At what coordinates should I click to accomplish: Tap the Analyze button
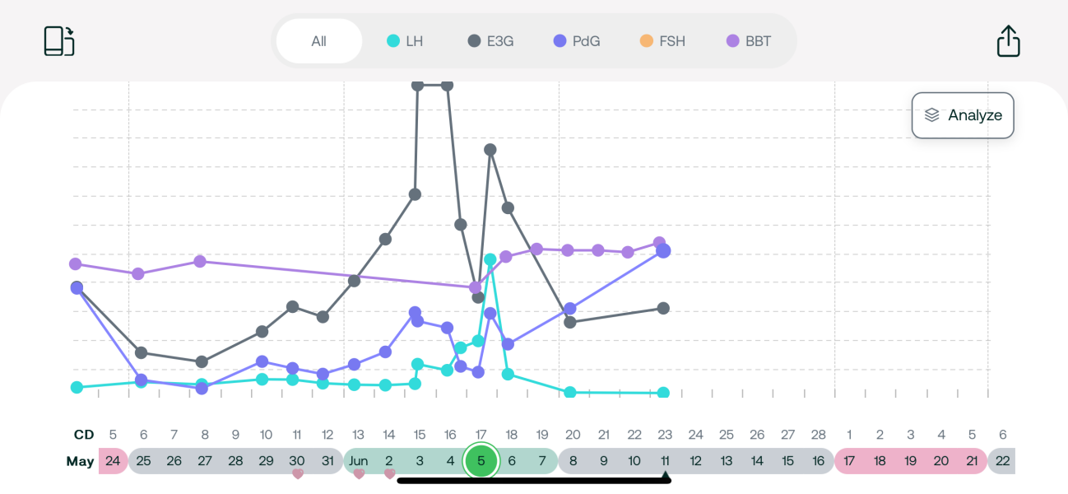963,115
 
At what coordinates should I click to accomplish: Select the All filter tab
319,41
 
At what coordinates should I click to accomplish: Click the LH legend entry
405,41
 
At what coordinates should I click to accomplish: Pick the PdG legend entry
577,41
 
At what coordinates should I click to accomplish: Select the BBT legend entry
749,41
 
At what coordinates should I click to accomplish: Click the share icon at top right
1008,41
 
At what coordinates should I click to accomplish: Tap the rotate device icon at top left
59,41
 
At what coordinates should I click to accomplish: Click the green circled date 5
481,461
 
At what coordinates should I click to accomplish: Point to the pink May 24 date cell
113,461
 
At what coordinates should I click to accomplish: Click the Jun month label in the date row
358,461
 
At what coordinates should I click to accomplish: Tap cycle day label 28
819,435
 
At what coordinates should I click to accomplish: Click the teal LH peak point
490,259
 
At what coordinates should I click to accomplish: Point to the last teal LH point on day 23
663,393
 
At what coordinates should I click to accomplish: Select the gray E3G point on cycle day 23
663,308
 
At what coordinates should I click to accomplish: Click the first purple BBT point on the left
76,264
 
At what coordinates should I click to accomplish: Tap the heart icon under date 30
298,474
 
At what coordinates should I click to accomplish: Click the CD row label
84,435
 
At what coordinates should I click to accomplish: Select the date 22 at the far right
1002,461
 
